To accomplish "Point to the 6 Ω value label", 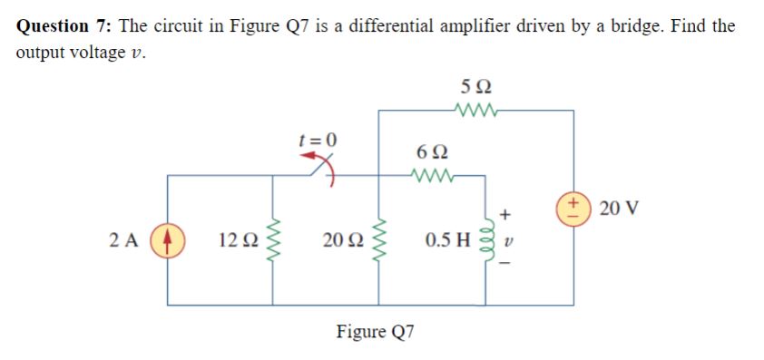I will coord(430,151).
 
